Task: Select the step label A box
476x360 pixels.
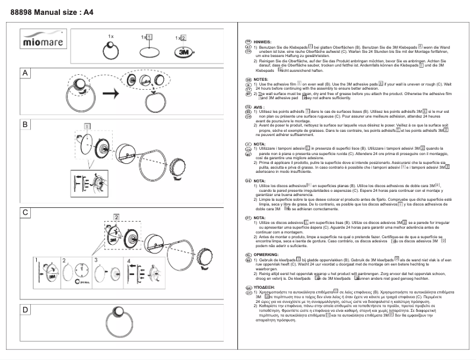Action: [26, 73]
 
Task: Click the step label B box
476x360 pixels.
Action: [26, 125]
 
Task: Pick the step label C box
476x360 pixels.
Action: [26, 212]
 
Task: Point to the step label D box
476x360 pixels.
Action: [26, 310]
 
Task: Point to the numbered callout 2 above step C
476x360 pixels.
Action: [116, 216]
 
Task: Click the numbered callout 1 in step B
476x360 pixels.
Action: [87, 126]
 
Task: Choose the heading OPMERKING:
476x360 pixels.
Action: [266, 254]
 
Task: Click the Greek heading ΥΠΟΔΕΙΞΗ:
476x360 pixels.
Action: [268, 286]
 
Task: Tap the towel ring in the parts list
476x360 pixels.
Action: [110, 52]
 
